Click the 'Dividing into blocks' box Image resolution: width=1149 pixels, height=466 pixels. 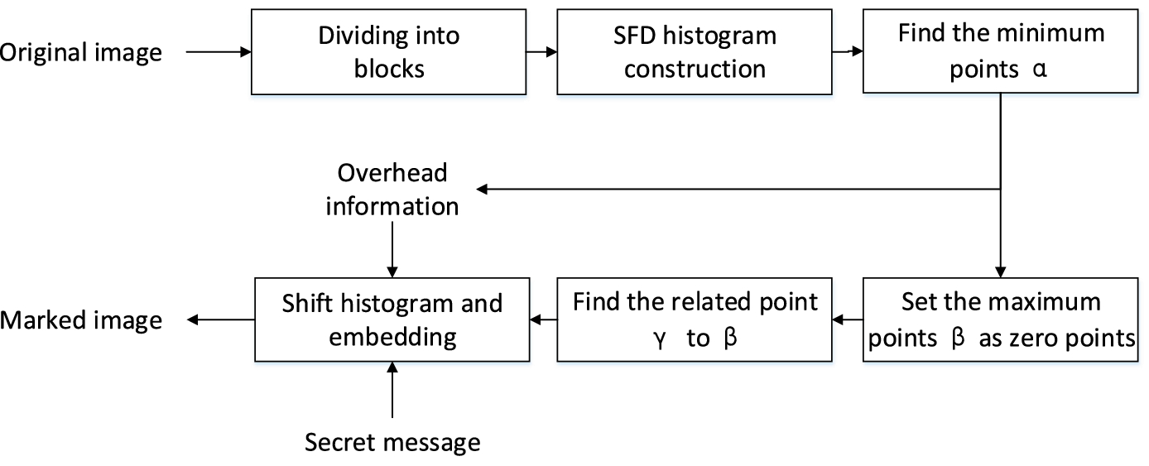pos(388,51)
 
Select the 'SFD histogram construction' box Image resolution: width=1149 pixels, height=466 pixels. pos(695,51)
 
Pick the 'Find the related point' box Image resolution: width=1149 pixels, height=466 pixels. pos(695,319)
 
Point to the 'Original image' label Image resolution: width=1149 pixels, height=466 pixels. pos(80,52)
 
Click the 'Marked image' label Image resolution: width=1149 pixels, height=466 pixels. pos(80,319)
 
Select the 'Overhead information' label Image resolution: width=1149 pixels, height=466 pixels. pos(392,189)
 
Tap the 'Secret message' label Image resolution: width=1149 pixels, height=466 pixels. pos(392,442)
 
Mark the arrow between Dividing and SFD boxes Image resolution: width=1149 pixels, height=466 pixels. pos(541,52)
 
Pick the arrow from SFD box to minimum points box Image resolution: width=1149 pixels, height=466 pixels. pos(847,52)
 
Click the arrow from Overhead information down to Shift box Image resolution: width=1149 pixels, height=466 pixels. pos(392,248)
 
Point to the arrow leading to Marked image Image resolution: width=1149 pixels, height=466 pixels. pos(219,319)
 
